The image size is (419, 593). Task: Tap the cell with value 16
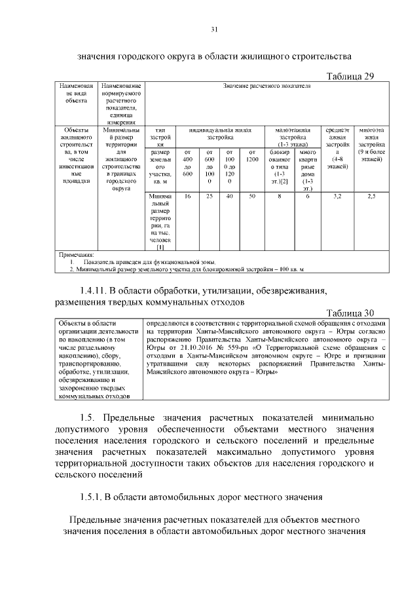187,195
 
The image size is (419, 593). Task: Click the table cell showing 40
230,195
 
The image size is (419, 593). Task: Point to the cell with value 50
251,195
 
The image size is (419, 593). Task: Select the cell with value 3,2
337,195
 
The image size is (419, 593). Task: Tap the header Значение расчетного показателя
266,86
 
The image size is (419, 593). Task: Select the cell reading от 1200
251,156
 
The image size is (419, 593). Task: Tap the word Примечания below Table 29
77,254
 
